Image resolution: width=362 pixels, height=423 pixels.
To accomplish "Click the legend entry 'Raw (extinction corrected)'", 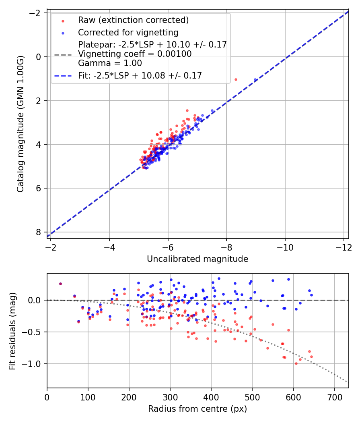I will [133, 20].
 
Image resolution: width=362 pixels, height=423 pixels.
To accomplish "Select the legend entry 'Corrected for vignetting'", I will [128, 32].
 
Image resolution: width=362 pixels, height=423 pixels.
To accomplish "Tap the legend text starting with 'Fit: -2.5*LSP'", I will [140, 75].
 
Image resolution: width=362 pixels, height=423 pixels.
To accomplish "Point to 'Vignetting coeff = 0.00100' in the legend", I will [135, 54].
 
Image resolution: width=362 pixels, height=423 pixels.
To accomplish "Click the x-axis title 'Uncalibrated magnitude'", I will [197, 259].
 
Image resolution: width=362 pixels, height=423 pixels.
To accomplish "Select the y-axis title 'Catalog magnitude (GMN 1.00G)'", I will [21, 124].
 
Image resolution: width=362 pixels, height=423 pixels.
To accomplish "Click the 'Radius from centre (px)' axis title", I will [197, 409].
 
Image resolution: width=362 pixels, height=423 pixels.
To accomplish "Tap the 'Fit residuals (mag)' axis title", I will [12, 330].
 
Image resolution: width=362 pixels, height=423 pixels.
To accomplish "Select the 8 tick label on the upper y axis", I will [38, 232].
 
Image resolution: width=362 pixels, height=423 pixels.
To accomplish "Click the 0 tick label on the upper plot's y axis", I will [38, 57].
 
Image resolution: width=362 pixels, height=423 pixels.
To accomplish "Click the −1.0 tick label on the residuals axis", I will [33, 364].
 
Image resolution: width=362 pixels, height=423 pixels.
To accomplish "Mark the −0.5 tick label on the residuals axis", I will [33, 332].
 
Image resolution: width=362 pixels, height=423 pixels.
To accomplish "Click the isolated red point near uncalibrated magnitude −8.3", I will [236, 79].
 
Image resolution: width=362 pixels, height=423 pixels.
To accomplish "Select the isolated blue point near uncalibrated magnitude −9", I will [255, 80].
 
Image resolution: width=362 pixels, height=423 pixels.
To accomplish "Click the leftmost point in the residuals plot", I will [60, 284].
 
